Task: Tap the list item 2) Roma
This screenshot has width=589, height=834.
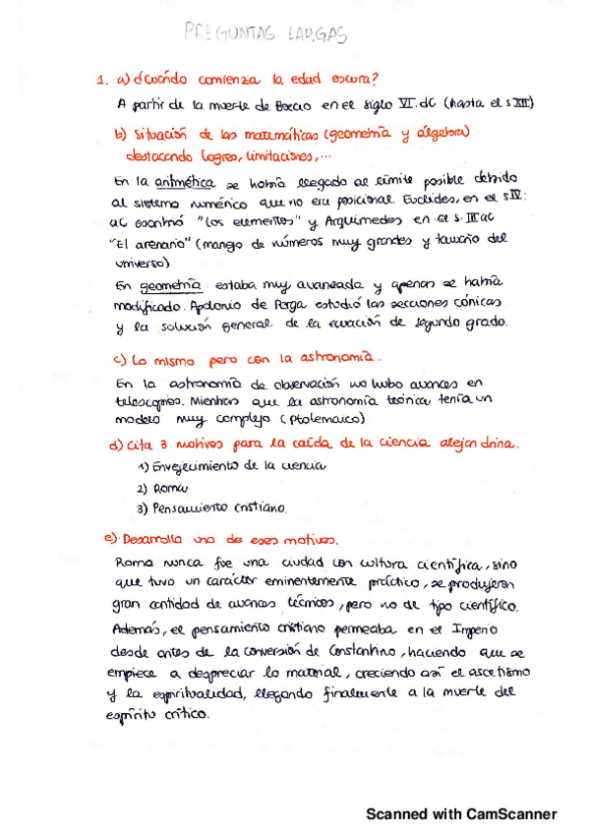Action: coord(163,488)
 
